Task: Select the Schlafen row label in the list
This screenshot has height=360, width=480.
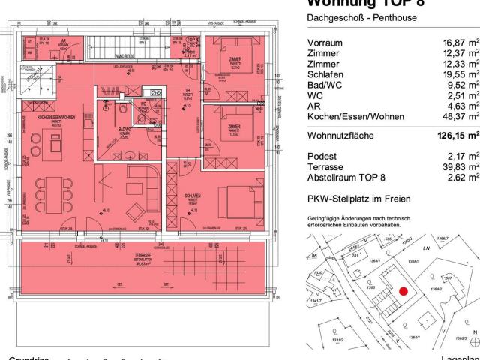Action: [x=325, y=74]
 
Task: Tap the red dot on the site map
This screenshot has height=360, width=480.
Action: [x=403, y=292]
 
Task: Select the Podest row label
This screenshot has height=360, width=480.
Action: [x=323, y=157]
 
